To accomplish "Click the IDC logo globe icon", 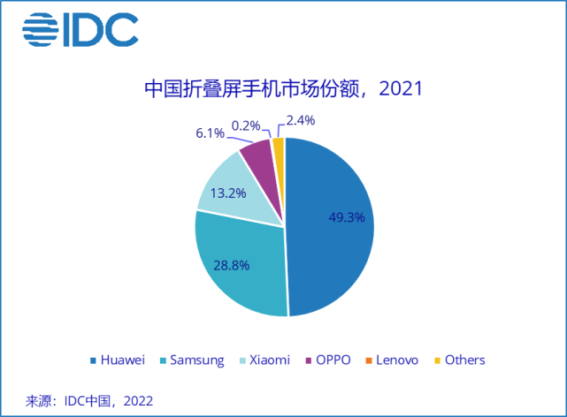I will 40,31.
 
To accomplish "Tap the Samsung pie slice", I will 239,274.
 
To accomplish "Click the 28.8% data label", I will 234,263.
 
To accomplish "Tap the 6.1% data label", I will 211,133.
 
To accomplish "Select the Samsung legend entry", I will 193,360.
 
